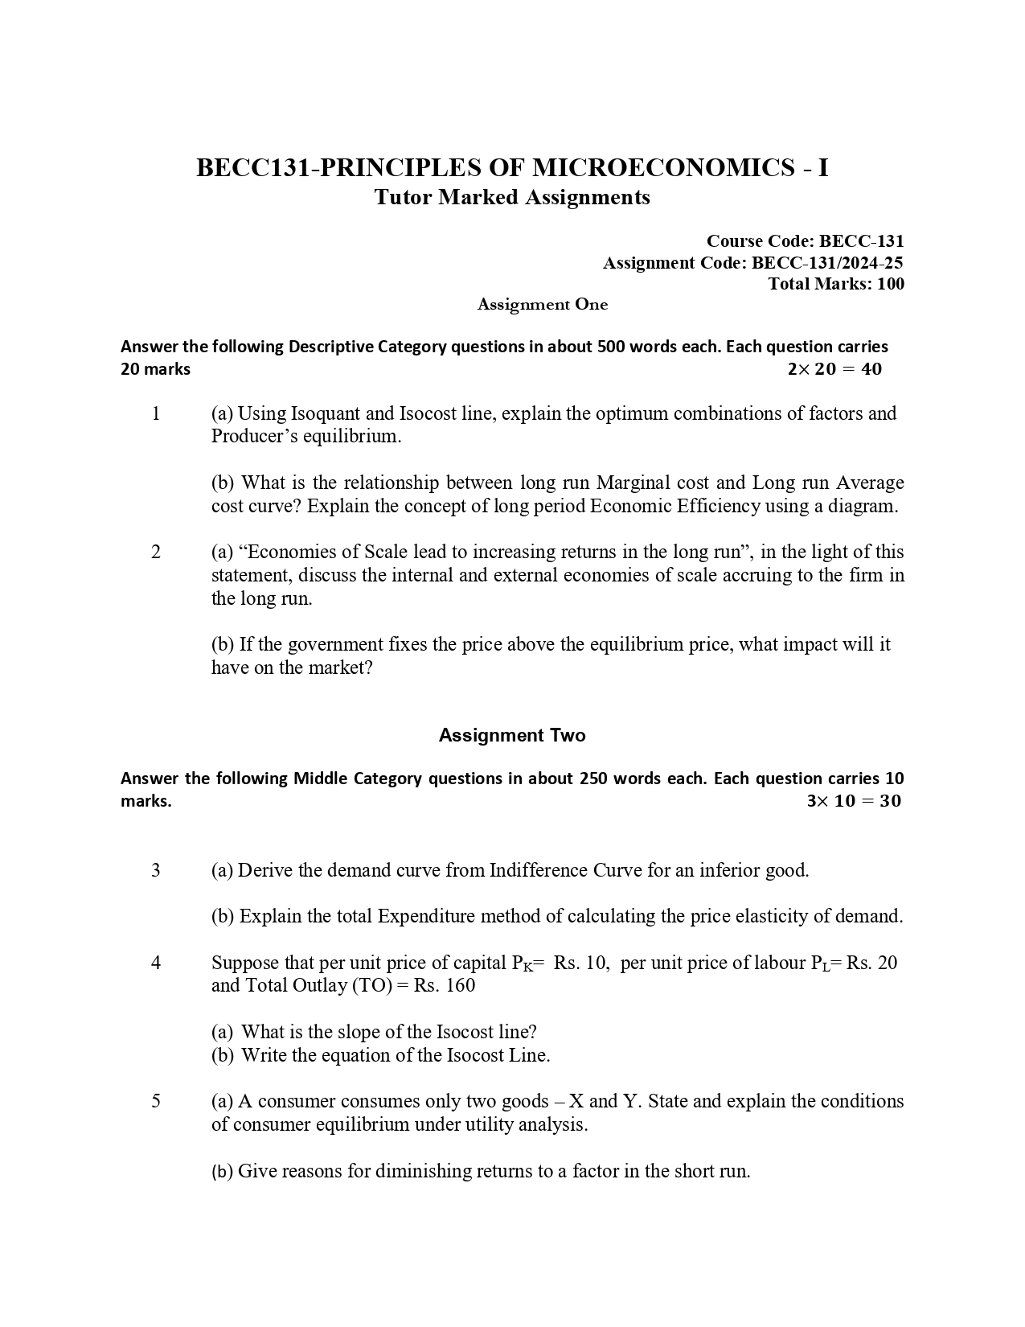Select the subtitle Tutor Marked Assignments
[512, 197]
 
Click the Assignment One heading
[543, 304]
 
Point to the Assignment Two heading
[512, 735]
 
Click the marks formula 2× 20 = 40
[834, 369]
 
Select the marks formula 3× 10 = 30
[854, 801]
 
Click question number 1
[156, 413]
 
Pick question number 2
[156, 552]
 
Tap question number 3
[156, 870]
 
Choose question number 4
[156, 963]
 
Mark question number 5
[156, 1101]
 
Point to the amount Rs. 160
[445, 986]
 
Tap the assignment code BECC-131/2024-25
[827, 262]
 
